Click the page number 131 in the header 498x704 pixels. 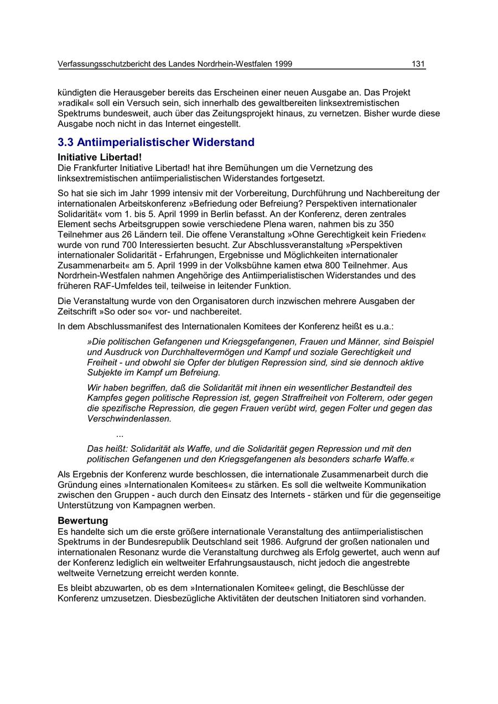(418, 64)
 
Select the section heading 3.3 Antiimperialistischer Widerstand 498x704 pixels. (156, 142)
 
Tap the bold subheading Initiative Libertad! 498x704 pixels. (100, 158)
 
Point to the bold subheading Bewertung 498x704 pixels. (82, 520)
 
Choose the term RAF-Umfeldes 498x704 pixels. (112, 286)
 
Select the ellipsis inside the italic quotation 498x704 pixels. (120, 435)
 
